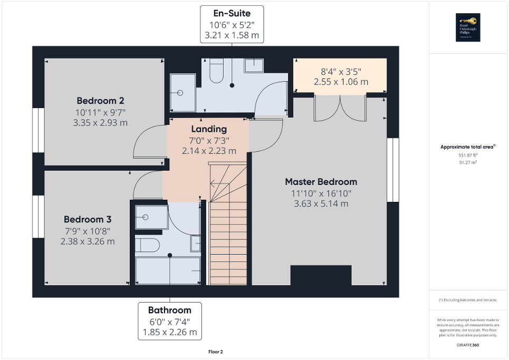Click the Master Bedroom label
pyautogui.click(x=321, y=182)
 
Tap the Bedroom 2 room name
pyautogui.click(x=100, y=101)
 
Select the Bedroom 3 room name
pyautogui.click(x=88, y=219)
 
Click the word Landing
pyautogui.click(x=209, y=129)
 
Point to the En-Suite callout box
pyautogui.click(x=232, y=24)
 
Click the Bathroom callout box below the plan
pyautogui.click(x=170, y=320)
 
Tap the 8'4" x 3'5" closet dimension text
pyautogui.click(x=341, y=72)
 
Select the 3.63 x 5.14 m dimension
pyautogui.click(x=321, y=204)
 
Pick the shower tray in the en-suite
pyautogui.click(x=183, y=93)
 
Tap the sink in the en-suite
pyautogui.click(x=257, y=65)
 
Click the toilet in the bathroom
pyautogui.click(x=147, y=245)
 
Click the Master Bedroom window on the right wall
pyautogui.click(x=393, y=170)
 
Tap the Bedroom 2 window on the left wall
pyautogui.click(x=38, y=130)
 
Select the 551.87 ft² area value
pyautogui.click(x=468, y=155)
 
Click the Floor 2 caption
pyautogui.click(x=215, y=352)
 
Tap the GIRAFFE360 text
pyautogui.click(x=468, y=345)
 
